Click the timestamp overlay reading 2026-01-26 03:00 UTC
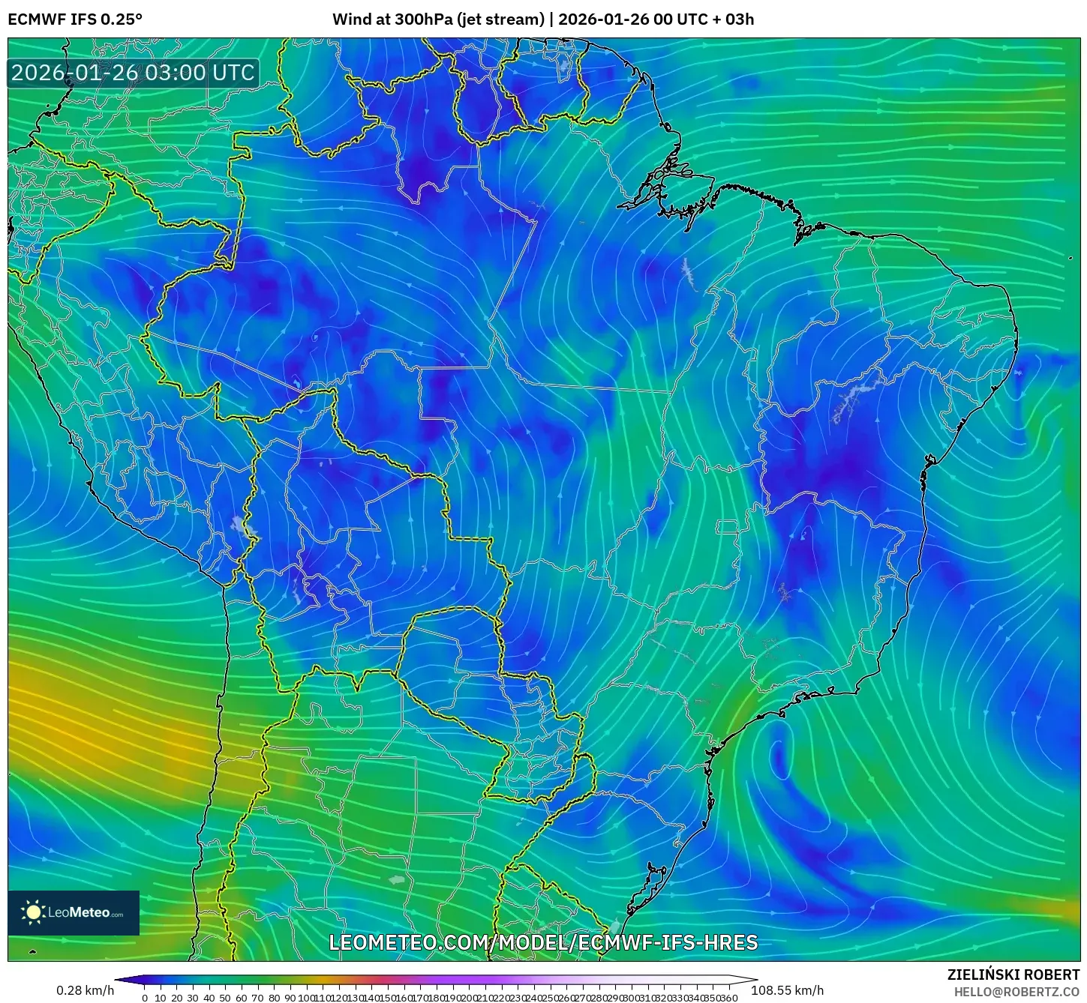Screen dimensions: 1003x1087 click(x=133, y=73)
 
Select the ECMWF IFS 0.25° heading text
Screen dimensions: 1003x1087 click(x=74, y=19)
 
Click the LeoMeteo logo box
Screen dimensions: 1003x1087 click(x=74, y=912)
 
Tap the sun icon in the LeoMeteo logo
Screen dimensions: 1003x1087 click(x=33, y=912)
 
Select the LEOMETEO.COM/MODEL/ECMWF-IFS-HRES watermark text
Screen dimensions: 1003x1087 click(x=543, y=942)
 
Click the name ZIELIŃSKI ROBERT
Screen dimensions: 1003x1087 click(x=1013, y=975)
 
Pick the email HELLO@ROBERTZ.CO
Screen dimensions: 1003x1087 click(x=1016, y=992)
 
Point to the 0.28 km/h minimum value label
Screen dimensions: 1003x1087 click(x=85, y=990)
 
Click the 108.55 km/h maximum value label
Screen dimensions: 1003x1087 click(x=787, y=990)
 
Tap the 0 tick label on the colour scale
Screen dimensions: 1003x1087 click(x=145, y=998)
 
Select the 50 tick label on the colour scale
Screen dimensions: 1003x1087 click(x=225, y=998)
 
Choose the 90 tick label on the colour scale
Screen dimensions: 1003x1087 click(x=290, y=998)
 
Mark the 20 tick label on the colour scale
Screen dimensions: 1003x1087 click(x=177, y=998)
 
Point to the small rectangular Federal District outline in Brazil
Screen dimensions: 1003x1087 click(x=727, y=527)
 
